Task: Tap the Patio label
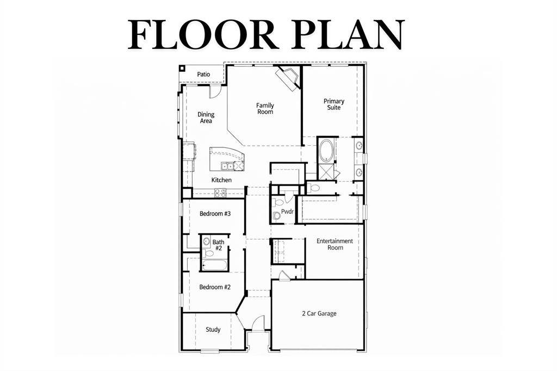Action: [x=203, y=74]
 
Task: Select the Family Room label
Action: [x=265, y=109]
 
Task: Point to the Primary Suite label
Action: [x=334, y=104]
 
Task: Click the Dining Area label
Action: [x=206, y=118]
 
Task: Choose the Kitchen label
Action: [x=221, y=180]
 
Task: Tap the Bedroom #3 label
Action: [x=215, y=214]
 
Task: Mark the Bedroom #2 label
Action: [x=214, y=287]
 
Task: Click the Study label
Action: [x=213, y=329]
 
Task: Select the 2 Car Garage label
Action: [x=319, y=313]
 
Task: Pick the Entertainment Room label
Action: [x=335, y=244]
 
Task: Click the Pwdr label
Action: [x=287, y=212]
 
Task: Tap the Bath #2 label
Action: [x=218, y=245]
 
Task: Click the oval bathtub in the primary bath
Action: [x=327, y=150]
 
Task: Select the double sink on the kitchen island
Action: [x=227, y=166]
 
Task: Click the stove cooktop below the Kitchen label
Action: [x=220, y=192]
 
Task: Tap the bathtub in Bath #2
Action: [x=214, y=265]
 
